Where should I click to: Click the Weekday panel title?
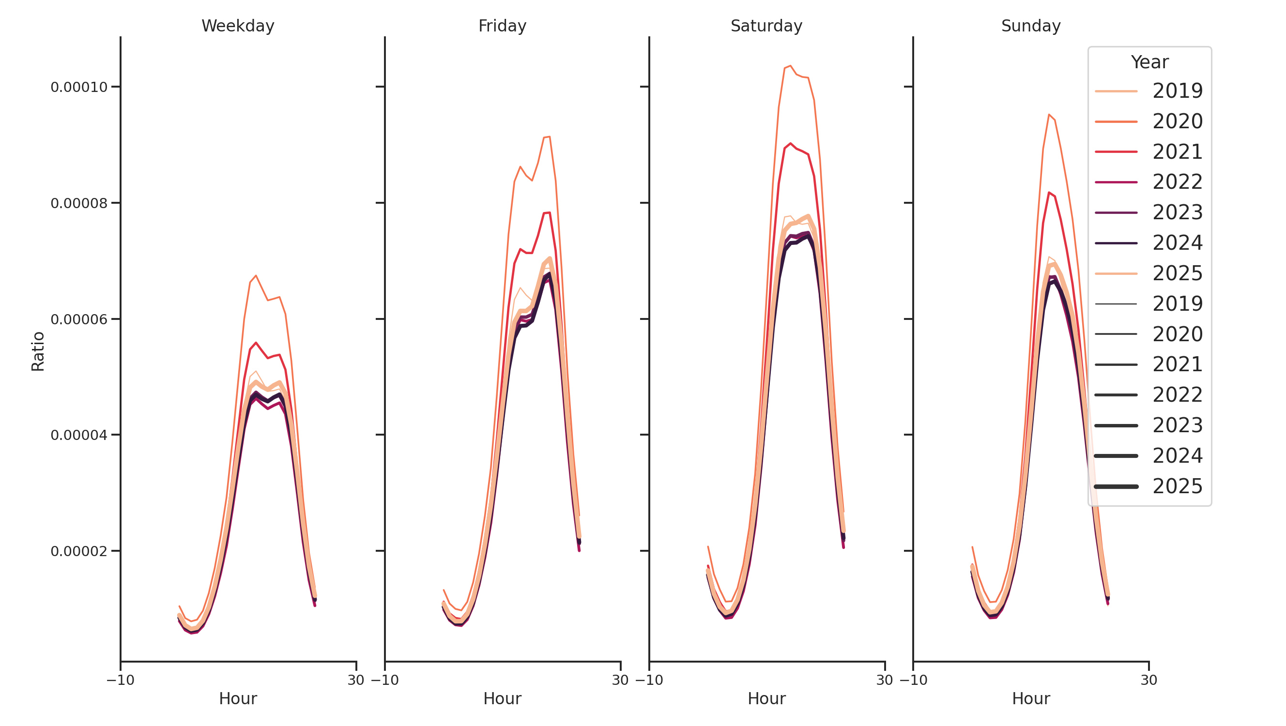click(238, 26)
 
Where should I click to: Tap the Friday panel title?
click(502, 26)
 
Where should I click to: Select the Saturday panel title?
click(766, 26)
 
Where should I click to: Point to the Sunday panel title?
click(1030, 26)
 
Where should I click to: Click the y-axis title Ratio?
click(38, 351)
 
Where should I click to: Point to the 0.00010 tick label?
click(79, 87)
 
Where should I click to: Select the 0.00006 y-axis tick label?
click(79, 319)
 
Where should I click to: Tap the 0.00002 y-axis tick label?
click(79, 551)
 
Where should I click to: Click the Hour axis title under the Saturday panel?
click(766, 698)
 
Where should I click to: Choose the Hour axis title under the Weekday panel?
click(238, 698)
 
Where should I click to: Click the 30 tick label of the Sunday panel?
click(1148, 680)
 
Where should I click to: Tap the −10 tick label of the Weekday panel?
click(120, 680)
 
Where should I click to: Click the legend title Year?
click(1149, 62)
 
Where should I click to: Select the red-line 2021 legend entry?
click(1148, 151)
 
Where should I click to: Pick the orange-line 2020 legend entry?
click(1148, 121)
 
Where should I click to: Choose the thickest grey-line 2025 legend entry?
click(1148, 486)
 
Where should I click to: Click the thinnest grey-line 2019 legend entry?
click(1148, 304)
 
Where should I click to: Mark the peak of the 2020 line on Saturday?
click(790, 66)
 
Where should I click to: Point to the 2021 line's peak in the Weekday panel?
click(256, 343)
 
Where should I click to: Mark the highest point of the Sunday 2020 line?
click(1049, 114)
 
